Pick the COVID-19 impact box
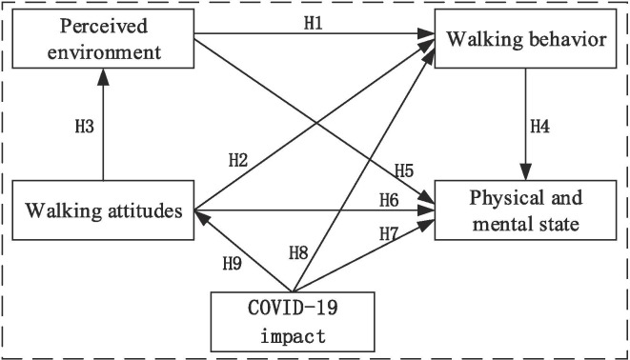point(291,320)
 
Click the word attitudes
point(139,209)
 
